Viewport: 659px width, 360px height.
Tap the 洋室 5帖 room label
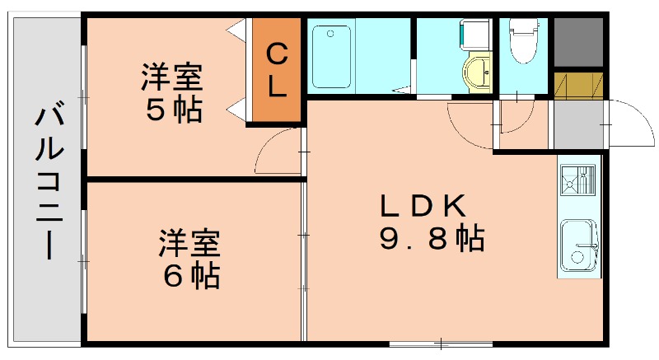tap(171, 94)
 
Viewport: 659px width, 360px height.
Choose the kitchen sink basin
tap(578, 244)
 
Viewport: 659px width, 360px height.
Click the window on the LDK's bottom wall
tap(441, 341)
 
